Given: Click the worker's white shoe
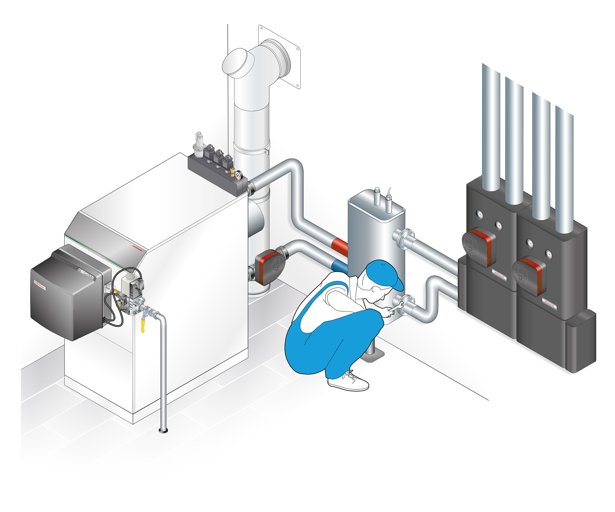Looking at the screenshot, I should click(x=349, y=382).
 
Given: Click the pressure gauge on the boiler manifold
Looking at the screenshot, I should click(x=238, y=175).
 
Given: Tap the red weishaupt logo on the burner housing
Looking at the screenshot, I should click(x=40, y=285).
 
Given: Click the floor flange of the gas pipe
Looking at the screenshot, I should click(x=163, y=430).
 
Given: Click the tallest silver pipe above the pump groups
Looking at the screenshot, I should click(x=491, y=126).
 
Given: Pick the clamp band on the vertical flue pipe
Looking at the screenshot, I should click(x=252, y=148).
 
